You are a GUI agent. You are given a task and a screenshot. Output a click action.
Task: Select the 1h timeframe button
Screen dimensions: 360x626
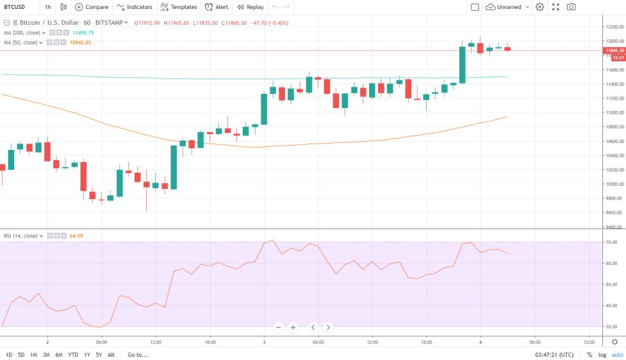[48, 7]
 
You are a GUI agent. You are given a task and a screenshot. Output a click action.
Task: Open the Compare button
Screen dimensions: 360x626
[91, 7]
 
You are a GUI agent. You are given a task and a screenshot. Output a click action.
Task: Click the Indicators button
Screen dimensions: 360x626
[134, 7]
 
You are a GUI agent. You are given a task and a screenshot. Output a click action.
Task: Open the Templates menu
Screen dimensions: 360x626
[178, 7]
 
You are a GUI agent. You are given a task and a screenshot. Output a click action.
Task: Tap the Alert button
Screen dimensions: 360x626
[217, 7]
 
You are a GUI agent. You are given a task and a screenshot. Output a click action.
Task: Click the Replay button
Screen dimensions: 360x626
[250, 7]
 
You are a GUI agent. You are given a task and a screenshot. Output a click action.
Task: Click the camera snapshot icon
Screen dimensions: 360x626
[571, 7]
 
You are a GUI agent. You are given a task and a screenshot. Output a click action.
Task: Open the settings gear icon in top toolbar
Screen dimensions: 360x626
[540, 7]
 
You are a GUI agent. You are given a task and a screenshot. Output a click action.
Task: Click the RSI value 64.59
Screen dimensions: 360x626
[76, 236]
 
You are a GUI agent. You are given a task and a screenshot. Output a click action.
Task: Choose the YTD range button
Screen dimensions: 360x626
[73, 354]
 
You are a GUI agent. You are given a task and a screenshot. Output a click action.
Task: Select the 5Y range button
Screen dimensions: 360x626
[98, 354]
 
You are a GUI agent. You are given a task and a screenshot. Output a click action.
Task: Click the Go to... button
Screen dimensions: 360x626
[138, 354]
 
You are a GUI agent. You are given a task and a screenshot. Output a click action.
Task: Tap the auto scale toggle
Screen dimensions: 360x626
[616, 354]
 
